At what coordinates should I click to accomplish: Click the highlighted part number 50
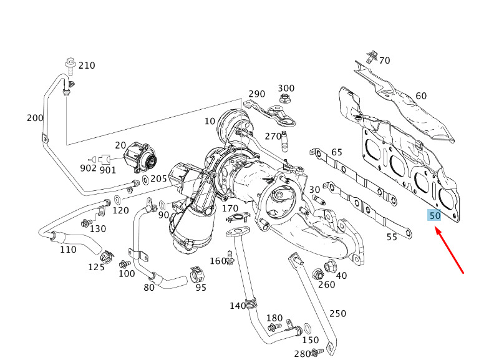click(434, 216)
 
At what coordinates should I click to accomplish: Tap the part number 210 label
click(87, 66)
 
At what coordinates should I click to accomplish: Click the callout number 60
click(421, 96)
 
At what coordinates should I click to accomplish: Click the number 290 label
click(256, 94)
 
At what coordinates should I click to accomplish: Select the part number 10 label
click(210, 121)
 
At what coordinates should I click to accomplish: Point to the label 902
click(88, 168)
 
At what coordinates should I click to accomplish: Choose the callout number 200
click(35, 118)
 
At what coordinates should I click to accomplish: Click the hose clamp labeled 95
click(197, 275)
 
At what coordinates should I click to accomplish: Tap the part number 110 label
click(68, 250)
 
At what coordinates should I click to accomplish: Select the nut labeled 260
click(316, 273)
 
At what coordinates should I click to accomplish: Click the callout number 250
click(337, 313)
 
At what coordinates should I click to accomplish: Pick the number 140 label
click(238, 305)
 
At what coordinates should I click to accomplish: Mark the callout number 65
click(337, 152)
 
